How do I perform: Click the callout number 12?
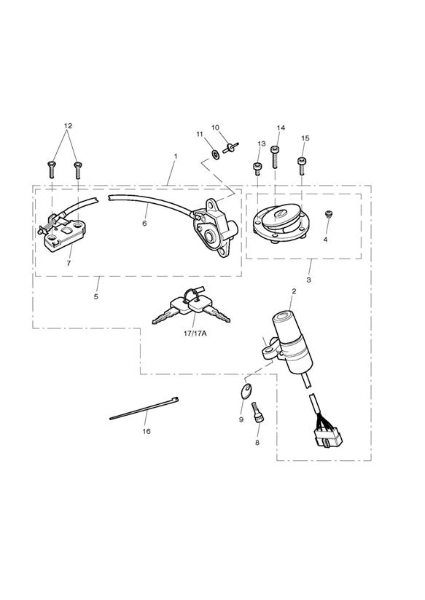click(68, 125)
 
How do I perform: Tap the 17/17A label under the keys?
click(195, 333)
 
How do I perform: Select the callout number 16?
click(147, 431)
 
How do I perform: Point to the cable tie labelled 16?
click(144, 408)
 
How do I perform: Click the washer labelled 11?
click(215, 154)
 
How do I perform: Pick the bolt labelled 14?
click(274, 157)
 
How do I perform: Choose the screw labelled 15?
click(302, 166)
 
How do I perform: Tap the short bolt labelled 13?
click(257, 169)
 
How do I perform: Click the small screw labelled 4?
click(328, 215)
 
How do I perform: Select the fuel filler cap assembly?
click(281, 224)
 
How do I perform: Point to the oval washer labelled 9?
click(246, 391)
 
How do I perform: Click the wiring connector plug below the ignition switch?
click(327, 436)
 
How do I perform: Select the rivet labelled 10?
click(230, 148)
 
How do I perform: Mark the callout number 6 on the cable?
click(144, 223)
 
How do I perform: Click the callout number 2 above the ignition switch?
click(294, 291)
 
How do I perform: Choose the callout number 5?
click(95, 296)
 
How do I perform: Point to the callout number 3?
click(308, 280)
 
